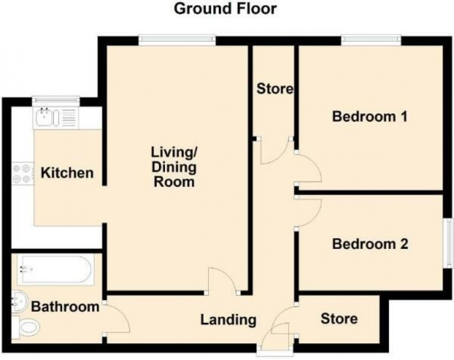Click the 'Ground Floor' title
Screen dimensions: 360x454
click(225, 8)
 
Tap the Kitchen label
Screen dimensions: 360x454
click(67, 173)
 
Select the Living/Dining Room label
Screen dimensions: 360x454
click(174, 167)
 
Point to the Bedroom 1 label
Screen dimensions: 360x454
click(370, 117)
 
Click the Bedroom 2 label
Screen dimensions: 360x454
click(370, 244)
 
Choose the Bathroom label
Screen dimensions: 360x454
click(65, 307)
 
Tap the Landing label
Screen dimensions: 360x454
click(228, 319)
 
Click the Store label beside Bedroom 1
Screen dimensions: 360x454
click(275, 88)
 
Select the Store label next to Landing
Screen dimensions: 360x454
click(339, 319)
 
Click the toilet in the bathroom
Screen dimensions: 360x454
click(26, 328)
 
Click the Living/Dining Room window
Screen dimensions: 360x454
click(177, 41)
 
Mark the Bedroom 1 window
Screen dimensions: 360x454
click(371, 41)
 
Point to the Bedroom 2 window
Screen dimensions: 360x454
click(449, 242)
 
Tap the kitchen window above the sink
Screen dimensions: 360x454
click(56, 99)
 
